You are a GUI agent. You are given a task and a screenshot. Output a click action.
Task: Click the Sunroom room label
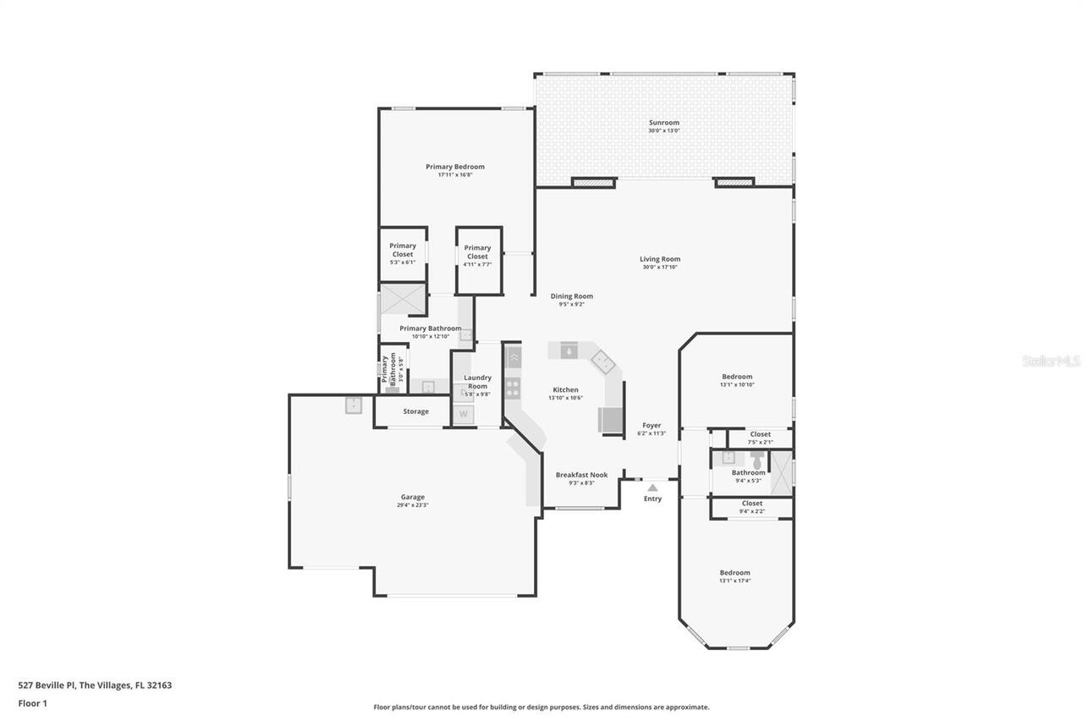[x=663, y=123]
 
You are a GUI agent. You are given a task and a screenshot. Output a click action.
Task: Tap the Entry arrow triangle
[x=651, y=488]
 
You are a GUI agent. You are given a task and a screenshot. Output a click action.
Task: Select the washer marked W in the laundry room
[x=463, y=414]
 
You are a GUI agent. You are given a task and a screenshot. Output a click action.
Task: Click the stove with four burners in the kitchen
[x=513, y=389]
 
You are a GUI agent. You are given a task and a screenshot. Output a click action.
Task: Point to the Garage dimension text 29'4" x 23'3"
[x=412, y=505]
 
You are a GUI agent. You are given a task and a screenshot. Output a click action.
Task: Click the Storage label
[x=415, y=411]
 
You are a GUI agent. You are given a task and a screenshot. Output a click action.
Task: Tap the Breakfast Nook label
[x=581, y=475]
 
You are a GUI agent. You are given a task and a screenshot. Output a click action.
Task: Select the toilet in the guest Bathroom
[x=756, y=458]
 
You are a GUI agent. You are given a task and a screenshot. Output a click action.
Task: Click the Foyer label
[x=651, y=426]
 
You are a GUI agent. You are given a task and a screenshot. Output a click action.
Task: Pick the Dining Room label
[x=572, y=296]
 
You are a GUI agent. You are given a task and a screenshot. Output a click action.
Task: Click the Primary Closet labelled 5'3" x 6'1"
[x=403, y=254]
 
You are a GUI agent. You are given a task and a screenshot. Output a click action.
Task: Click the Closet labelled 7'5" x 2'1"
[x=760, y=438]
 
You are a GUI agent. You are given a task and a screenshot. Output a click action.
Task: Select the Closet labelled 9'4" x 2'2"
[x=751, y=507]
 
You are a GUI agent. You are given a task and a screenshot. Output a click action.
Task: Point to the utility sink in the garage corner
[x=354, y=405]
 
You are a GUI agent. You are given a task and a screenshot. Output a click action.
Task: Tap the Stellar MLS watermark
[x=1051, y=361]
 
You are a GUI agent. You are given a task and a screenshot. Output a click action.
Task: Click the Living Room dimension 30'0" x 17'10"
[x=659, y=267]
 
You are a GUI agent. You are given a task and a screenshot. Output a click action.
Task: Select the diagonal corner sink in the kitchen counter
[x=603, y=362]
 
